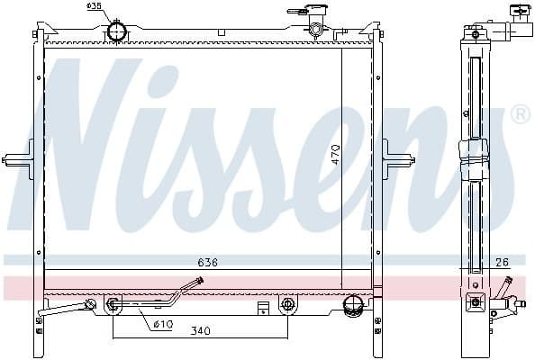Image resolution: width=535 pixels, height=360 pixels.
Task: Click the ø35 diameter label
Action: (x=93, y=6)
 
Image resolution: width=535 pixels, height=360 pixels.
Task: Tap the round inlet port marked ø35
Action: (x=117, y=31)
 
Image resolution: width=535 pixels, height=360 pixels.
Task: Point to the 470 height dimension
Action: (x=335, y=154)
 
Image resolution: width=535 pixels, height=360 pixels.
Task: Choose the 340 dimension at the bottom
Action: (x=200, y=331)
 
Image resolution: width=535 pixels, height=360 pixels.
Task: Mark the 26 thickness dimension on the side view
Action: (x=502, y=262)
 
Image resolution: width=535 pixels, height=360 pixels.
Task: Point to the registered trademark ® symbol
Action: (x=520, y=114)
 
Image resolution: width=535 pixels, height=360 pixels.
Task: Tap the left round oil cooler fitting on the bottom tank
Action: (x=113, y=304)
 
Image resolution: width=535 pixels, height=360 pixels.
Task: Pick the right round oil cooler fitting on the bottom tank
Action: (x=287, y=304)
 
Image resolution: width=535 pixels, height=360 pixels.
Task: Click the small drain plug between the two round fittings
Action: (x=262, y=308)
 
